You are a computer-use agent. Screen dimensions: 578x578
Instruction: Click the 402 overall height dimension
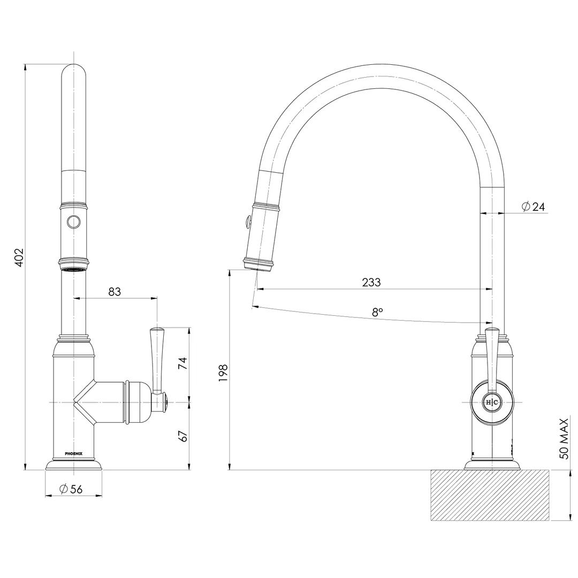(19, 257)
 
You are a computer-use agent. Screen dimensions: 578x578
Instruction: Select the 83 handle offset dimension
(115, 292)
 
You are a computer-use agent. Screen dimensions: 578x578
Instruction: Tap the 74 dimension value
(183, 363)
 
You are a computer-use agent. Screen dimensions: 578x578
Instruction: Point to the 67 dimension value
(183, 436)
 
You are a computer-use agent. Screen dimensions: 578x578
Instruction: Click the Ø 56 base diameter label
(71, 489)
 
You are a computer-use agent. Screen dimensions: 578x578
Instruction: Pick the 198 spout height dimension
(223, 372)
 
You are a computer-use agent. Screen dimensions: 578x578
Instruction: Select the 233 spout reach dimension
(371, 282)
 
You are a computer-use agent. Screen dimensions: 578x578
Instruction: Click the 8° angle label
(377, 312)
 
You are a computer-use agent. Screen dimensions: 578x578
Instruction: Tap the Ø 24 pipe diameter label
(534, 207)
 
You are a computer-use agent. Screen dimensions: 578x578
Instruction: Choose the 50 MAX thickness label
(564, 439)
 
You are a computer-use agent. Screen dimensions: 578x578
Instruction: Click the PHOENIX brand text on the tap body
(74, 453)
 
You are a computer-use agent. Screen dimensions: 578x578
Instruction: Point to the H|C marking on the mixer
(492, 402)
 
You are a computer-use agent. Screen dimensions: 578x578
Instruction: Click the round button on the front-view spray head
(74, 222)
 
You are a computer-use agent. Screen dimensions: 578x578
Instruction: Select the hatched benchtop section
(490, 495)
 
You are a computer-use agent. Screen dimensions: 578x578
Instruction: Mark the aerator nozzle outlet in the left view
(74, 270)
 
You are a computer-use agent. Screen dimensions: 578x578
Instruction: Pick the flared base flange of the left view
(74, 465)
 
